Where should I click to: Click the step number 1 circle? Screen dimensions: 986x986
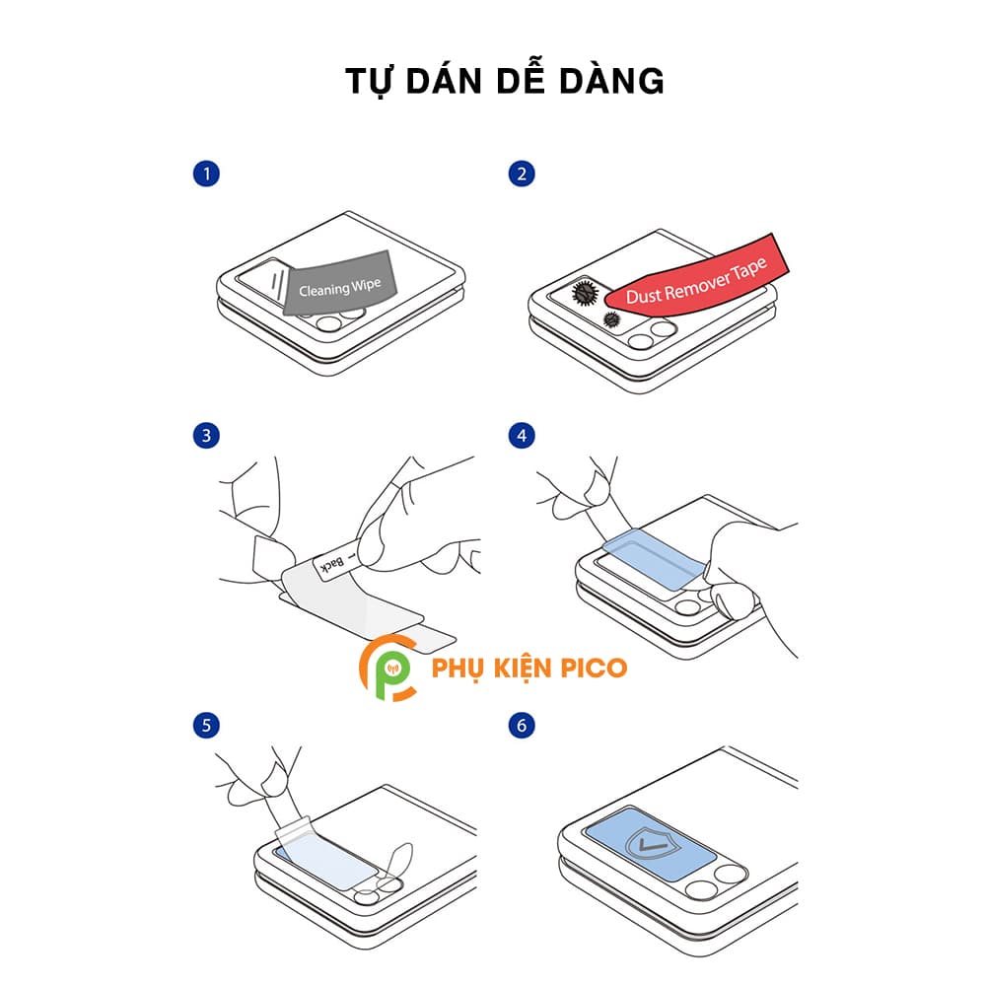(x=205, y=175)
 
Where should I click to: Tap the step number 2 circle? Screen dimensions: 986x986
(x=522, y=175)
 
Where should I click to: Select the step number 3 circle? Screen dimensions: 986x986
(x=205, y=435)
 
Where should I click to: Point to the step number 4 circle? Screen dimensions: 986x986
(x=522, y=435)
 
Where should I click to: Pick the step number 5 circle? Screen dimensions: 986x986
(x=205, y=726)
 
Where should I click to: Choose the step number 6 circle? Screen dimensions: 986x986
(x=522, y=726)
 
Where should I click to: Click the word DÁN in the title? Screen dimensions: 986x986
(x=445, y=82)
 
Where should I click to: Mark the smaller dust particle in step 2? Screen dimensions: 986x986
(x=611, y=319)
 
